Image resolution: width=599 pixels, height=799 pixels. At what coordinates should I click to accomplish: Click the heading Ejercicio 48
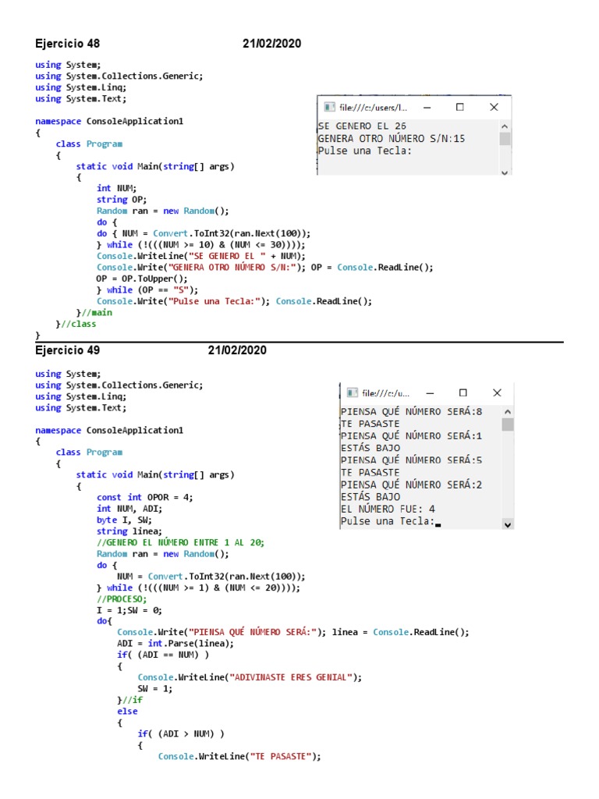[x=68, y=44]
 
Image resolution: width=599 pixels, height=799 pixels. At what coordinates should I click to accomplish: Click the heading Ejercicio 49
[x=68, y=350]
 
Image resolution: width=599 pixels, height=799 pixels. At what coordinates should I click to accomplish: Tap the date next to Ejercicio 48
[x=271, y=44]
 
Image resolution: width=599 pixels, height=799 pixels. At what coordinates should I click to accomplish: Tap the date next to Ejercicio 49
[x=237, y=350]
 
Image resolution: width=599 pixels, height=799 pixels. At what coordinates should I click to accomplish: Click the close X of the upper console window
[x=494, y=107]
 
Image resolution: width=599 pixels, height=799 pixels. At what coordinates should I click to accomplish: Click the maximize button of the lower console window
[x=463, y=393]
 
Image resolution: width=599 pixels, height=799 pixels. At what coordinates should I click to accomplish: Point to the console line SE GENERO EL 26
[x=362, y=126]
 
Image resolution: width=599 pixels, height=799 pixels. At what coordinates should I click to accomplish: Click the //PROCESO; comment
[x=121, y=598]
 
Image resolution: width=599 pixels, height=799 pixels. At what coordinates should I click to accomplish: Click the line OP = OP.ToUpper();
[x=142, y=279]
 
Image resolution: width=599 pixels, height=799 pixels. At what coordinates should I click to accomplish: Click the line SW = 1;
[x=154, y=689]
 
